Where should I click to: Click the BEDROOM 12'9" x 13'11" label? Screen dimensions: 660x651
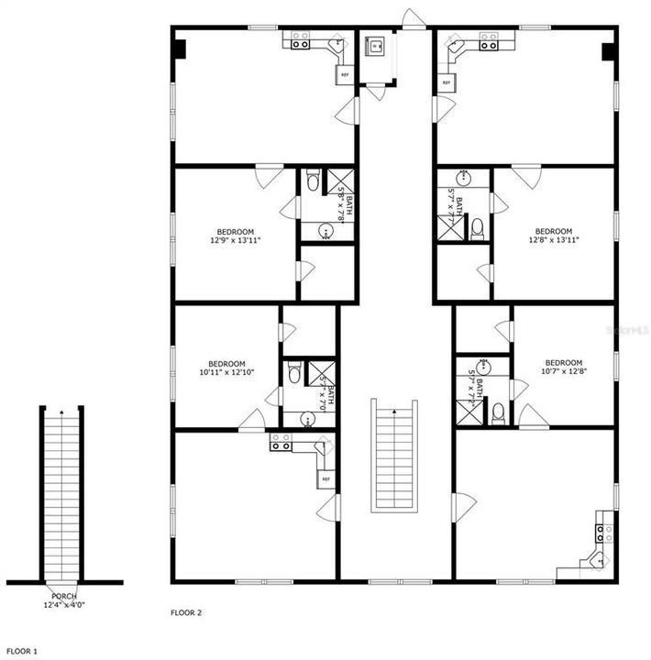pos(236,236)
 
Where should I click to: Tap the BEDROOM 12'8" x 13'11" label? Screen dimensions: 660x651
pos(553,236)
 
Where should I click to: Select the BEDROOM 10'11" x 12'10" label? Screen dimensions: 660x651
pos(226,367)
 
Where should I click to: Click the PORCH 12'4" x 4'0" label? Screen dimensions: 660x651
pos(64,600)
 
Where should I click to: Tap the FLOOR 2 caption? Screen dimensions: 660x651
pos(186,611)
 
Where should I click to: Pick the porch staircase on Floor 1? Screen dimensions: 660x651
pos(62,495)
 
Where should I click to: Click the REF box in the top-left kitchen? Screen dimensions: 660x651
pos(345,75)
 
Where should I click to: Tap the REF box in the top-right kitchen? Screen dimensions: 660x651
pos(447,82)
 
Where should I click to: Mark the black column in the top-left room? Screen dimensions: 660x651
pos(181,49)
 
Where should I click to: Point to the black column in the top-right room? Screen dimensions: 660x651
pos(607,51)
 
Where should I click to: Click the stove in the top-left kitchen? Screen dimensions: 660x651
pos(300,40)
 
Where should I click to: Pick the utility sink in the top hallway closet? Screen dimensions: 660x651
pos(374,45)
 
